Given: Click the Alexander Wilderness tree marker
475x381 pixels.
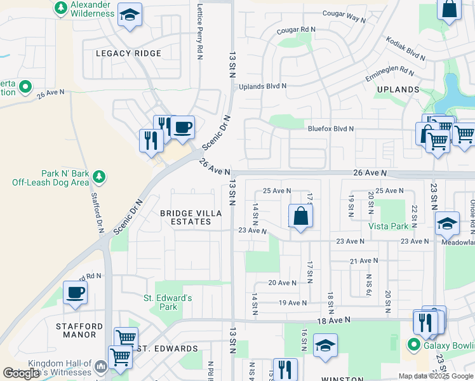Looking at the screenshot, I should point(61,8).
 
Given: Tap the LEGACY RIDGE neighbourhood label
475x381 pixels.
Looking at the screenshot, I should point(128,53).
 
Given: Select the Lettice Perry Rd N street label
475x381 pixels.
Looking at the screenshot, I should point(199,29).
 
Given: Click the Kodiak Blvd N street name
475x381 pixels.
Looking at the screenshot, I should point(405,48).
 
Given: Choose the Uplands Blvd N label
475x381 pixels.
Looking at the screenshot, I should point(262,86).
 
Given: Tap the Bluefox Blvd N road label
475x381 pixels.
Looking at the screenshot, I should point(330,128).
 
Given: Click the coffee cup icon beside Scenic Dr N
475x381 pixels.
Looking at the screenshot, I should point(182,127).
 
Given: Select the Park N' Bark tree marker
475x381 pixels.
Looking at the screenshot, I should point(98,175).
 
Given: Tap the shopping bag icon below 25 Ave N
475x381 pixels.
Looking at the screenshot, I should point(300,215).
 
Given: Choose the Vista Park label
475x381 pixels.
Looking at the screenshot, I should point(388,225).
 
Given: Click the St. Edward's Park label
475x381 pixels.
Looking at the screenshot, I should point(167,302).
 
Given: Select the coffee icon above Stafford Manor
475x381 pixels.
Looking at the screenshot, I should point(75,293).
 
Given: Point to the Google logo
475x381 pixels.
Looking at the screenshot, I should point(21,373).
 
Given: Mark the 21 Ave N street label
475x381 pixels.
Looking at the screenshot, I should point(364,261).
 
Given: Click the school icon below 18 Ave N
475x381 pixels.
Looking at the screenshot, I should point(325,345).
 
